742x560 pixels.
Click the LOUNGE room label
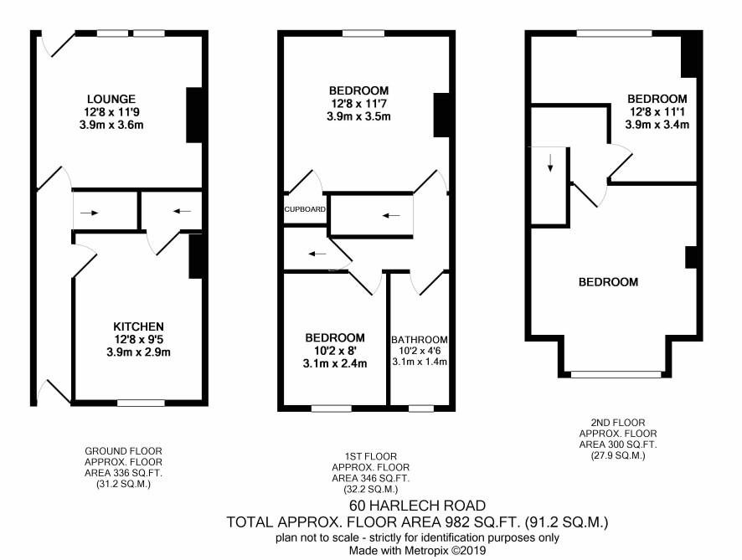click(111, 100)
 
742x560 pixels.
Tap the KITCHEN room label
click(139, 326)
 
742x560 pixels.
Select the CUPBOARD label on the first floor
click(305, 209)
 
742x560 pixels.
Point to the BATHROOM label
click(420, 340)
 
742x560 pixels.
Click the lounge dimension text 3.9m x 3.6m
click(111, 126)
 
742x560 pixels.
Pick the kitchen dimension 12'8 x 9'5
click(139, 339)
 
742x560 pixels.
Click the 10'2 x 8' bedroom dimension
click(335, 351)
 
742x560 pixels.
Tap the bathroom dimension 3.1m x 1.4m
click(420, 362)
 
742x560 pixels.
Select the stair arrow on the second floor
click(550, 162)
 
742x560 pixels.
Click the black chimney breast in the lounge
click(194, 115)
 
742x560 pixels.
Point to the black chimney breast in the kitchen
click(196, 256)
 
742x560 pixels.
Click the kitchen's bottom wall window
click(141, 403)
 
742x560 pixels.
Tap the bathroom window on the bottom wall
click(421, 408)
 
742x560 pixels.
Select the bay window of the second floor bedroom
click(616, 374)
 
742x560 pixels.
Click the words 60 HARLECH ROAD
click(417, 506)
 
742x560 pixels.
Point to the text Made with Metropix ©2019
click(417, 551)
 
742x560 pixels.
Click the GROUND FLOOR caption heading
click(123, 451)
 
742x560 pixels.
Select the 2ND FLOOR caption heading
click(618, 423)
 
